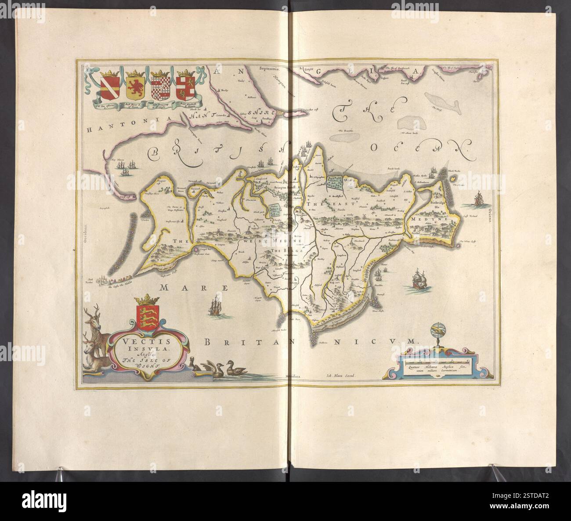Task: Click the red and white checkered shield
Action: [x=158, y=87]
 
